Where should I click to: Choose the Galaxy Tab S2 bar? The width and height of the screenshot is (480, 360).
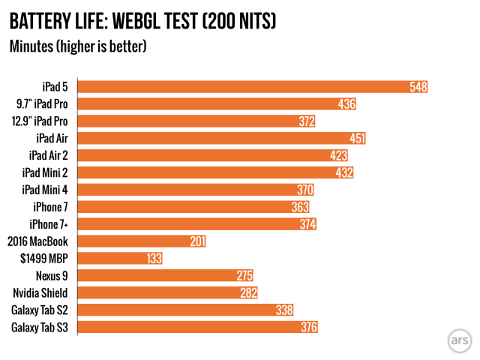point(180,310)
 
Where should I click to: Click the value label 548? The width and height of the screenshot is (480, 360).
point(418,87)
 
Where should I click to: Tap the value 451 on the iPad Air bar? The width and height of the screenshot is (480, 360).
point(357,138)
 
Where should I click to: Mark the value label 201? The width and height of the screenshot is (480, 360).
point(196,241)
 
